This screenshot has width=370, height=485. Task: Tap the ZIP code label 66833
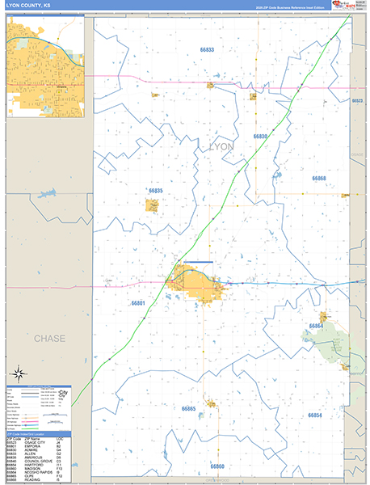pyautogui.click(x=206, y=50)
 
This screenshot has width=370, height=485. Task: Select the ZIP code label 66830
pyautogui.click(x=261, y=137)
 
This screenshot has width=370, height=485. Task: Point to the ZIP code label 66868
pyautogui.click(x=319, y=178)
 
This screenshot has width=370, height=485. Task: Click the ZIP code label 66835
pyautogui.click(x=155, y=191)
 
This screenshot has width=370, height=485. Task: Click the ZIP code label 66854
pyautogui.click(x=314, y=415)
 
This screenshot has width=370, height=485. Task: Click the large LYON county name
pyautogui.click(x=221, y=146)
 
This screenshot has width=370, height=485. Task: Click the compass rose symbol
pyautogui.click(x=19, y=373)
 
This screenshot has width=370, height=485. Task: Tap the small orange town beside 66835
pyautogui.click(x=152, y=205)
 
